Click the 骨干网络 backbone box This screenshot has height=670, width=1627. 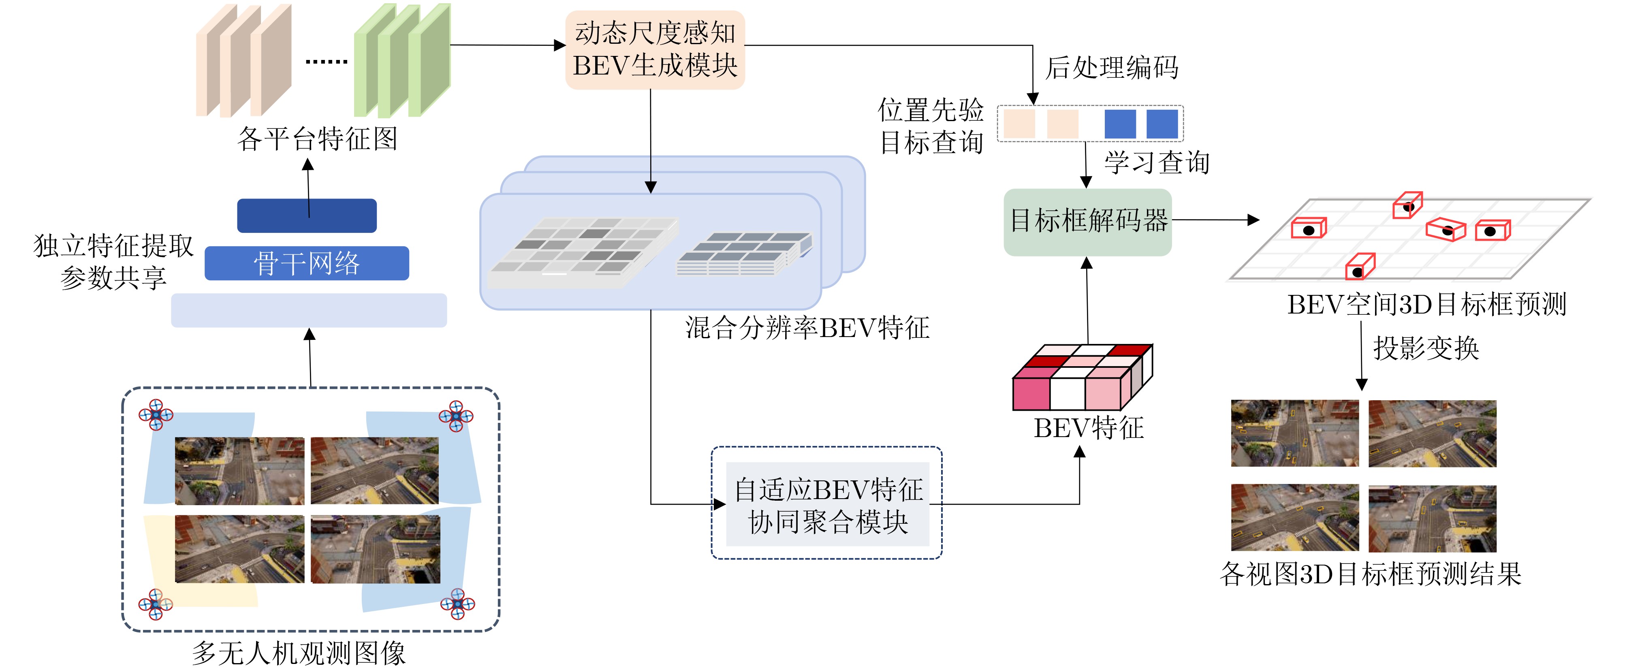click(307, 263)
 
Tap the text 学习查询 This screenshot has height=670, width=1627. click(1157, 163)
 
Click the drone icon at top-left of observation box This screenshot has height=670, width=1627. click(156, 415)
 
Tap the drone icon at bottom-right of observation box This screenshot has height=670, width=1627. click(457, 604)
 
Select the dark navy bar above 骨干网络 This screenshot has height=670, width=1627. click(307, 216)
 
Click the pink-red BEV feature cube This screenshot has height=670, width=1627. click(1082, 378)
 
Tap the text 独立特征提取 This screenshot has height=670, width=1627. click(114, 245)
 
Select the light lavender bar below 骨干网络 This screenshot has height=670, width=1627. click(309, 310)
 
